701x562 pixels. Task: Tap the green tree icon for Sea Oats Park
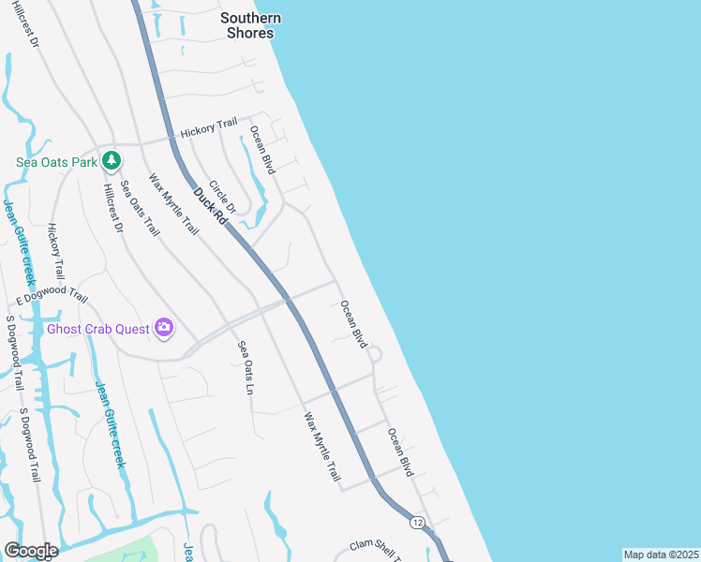(x=112, y=161)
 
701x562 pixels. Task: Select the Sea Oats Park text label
(x=57, y=162)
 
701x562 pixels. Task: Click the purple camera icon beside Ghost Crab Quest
(x=165, y=328)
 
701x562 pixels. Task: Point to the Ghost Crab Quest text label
(x=98, y=329)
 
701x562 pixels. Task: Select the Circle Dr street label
(x=223, y=197)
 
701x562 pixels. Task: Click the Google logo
(x=30, y=551)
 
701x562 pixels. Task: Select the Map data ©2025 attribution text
(x=661, y=555)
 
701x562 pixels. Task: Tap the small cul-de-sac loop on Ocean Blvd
(x=376, y=354)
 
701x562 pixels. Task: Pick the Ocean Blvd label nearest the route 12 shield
(x=400, y=452)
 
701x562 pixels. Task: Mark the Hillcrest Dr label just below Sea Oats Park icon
(x=112, y=207)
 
